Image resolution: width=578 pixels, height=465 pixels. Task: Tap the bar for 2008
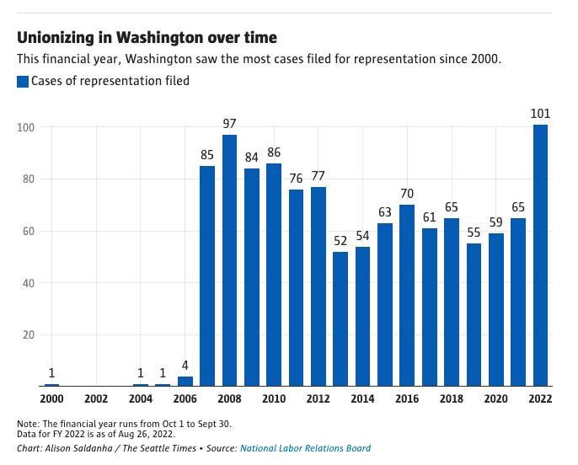click(x=229, y=260)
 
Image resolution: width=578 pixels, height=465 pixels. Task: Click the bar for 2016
click(x=407, y=295)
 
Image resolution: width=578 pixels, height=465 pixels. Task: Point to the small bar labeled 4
click(x=185, y=381)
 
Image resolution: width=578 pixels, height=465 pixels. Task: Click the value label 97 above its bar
click(x=229, y=124)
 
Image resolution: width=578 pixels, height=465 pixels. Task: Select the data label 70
click(x=407, y=194)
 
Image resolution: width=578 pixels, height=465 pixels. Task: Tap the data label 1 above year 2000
click(x=51, y=373)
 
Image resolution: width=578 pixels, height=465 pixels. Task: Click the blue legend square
click(x=23, y=82)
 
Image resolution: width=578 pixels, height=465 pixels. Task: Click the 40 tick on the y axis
click(x=28, y=283)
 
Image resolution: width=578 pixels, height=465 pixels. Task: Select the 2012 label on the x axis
click(x=318, y=398)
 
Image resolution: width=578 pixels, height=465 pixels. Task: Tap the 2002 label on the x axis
click(x=96, y=398)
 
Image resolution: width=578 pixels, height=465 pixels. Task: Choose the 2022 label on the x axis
click(x=539, y=398)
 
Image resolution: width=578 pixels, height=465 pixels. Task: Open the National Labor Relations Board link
click(x=305, y=448)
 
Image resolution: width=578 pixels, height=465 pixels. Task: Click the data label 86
click(x=274, y=152)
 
